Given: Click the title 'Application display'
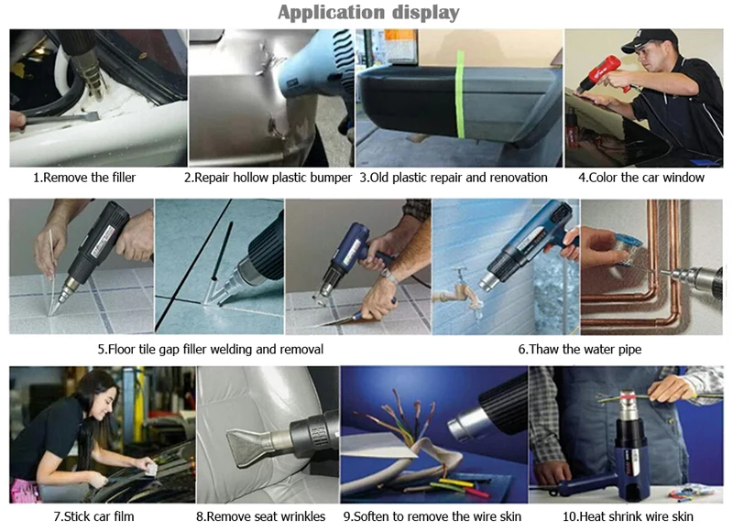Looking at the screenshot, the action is pos(368,13).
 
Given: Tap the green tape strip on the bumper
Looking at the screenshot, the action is pos(460,96).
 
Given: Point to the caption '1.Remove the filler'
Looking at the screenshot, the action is pos(84,178).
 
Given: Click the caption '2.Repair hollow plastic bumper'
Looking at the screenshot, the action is pos(268,178).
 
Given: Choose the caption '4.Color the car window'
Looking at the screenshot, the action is pos(641,178).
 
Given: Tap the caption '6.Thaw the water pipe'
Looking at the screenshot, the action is pos(580,350).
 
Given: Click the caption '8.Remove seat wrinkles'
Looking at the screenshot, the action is pos(261,516).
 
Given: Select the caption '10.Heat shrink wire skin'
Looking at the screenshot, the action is pos(628,516).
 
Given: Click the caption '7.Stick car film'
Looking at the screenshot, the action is pos(93,516).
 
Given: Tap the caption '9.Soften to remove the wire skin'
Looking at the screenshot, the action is pos(432,516).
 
